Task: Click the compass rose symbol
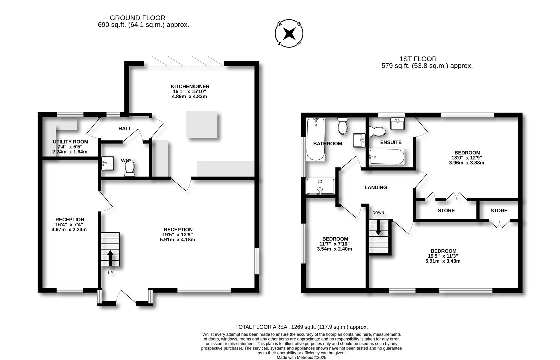(x=289, y=34)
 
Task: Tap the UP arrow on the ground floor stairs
(x=110, y=258)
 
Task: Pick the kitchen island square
(x=202, y=125)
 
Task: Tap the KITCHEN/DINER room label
(x=190, y=86)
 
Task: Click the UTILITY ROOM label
(x=70, y=142)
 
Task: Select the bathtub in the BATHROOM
(x=315, y=139)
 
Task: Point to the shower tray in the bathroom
(x=320, y=186)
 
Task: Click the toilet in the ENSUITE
(x=376, y=131)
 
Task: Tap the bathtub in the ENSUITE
(x=387, y=157)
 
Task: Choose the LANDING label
(x=376, y=187)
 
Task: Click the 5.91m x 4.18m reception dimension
(x=177, y=239)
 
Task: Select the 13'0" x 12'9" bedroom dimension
(x=466, y=158)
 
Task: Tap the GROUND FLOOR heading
(x=137, y=18)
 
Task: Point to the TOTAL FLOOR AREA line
(x=301, y=327)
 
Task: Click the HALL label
(x=125, y=129)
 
